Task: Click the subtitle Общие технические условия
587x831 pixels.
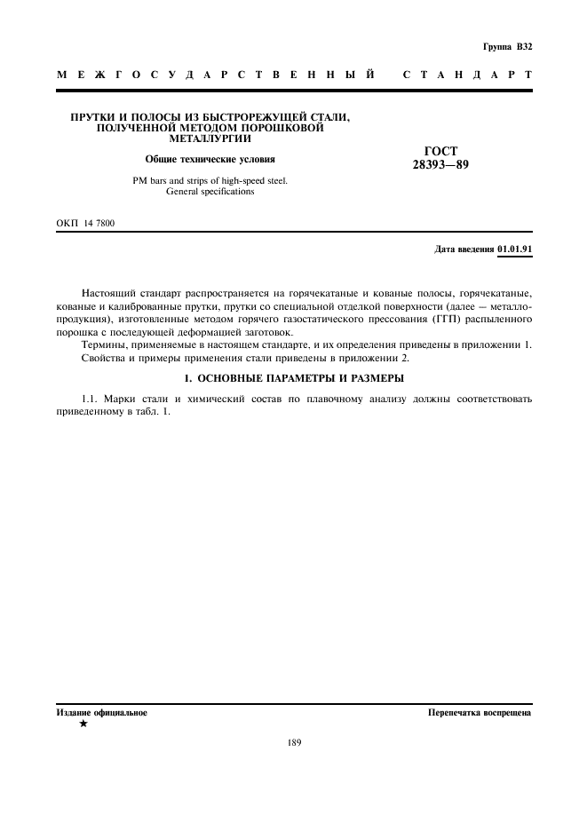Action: coord(210,160)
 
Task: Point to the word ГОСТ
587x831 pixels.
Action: coord(441,152)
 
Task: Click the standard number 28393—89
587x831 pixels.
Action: coord(440,164)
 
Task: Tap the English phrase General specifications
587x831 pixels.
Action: coord(210,192)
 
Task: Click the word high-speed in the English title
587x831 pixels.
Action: coord(235,180)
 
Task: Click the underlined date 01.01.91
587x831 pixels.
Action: coord(514,249)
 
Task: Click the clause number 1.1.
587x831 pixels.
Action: coord(90,399)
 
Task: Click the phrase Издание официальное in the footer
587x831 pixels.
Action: coord(102,712)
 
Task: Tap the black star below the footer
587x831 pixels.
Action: coord(83,724)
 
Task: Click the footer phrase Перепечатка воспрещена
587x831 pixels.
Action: coord(479,712)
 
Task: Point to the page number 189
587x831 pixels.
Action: coord(294,743)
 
